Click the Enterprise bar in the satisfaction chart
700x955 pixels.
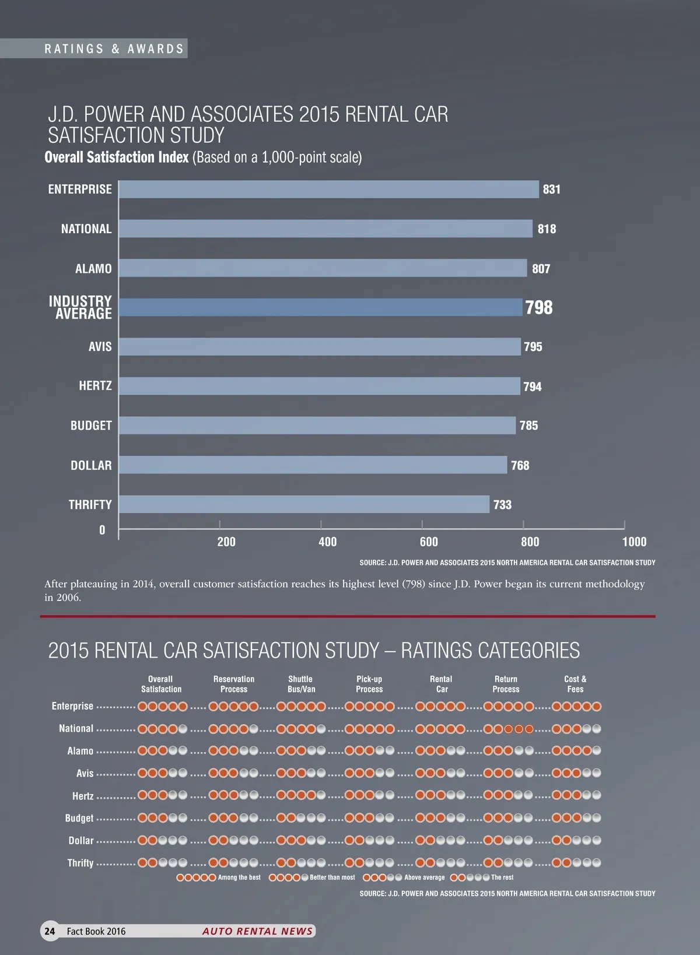pyautogui.click(x=328, y=189)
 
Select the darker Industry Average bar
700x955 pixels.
pyautogui.click(x=320, y=307)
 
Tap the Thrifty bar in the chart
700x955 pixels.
pyautogui.click(x=304, y=504)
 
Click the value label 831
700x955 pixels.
pyautogui.click(x=551, y=189)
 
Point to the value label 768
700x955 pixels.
pyautogui.click(x=520, y=465)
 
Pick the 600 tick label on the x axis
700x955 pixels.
pyautogui.click(x=429, y=542)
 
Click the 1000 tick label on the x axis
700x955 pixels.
pyautogui.click(x=634, y=542)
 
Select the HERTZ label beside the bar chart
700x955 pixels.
pyautogui.click(x=95, y=385)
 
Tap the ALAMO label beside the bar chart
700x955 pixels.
pyautogui.click(x=93, y=268)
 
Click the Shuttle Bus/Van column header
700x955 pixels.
pyautogui.click(x=301, y=684)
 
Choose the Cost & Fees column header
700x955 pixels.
pyautogui.click(x=575, y=684)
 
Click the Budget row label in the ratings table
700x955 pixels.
pyautogui.click(x=79, y=818)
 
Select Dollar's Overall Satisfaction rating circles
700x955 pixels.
pyautogui.click(x=163, y=841)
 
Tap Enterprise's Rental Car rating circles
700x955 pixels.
pyautogui.click(x=440, y=707)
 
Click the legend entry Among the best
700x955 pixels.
pyautogui.click(x=219, y=877)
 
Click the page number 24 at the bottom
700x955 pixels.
pyautogui.click(x=50, y=931)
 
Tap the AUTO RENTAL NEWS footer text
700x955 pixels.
pyautogui.click(x=257, y=931)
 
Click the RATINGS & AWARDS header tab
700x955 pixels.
pyautogui.click(x=114, y=49)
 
